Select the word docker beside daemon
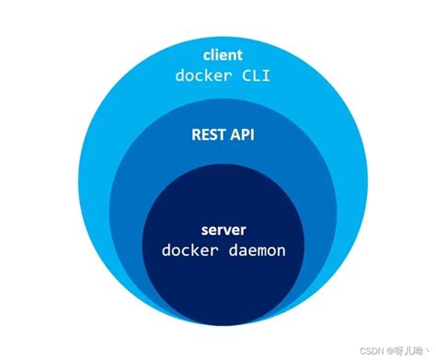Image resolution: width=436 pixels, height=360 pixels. [x=188, y=250]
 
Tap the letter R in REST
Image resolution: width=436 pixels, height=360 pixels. [x=194, y=135]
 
